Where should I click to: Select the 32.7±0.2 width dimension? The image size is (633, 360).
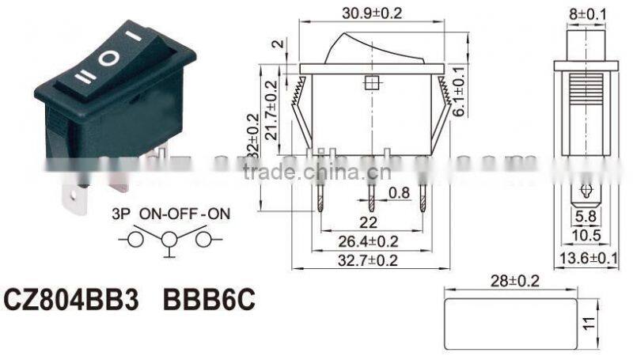pos(370,259)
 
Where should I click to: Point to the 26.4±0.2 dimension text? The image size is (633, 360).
pos(370,241)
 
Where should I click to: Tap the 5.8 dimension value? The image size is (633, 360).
pos(586,214)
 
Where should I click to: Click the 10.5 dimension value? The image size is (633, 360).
pos(586,236)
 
